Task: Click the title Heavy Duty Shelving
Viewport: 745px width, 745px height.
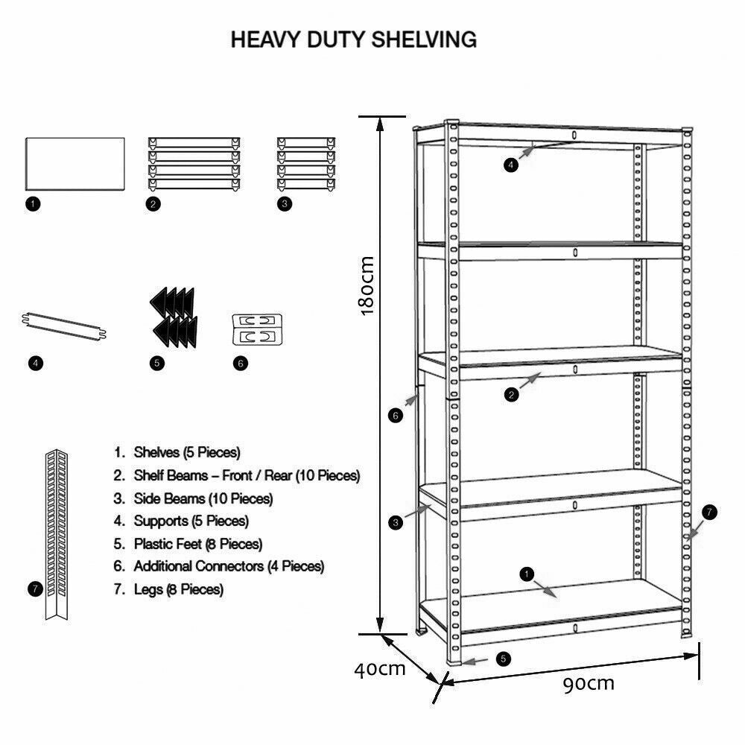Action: pyautogui.click(x=353, y=39)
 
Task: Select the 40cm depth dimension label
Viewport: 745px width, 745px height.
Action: pyautogui.click(x=379, y=668)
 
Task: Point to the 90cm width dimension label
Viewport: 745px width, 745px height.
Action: pyautogui.click(x=589, y=683)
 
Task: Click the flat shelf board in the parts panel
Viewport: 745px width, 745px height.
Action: pyautogui.click(x=74, y=163)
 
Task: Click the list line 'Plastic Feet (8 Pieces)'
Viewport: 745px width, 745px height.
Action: pyautogui.click(x=188, y=544)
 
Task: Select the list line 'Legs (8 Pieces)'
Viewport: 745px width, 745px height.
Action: pyautogui.click(x=168, y=589)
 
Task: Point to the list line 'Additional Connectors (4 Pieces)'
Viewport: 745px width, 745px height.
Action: pyautogui.click(x=219, y=566)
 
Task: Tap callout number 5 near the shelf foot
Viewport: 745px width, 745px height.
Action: pyautogui.click(x=504, y=659)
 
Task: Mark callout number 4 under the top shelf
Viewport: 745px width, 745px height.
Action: pyautogui.click(x=510, y=165)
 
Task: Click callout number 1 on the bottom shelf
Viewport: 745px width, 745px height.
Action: pyautogui.click(x=527, y=574)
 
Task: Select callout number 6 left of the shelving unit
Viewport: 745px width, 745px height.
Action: pyautogui.click(x=396, y=415)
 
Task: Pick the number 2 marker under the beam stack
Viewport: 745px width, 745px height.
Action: pyautogui.click(x=153, y=204)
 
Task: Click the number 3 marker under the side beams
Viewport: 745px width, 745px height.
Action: pyautogui.click(x=284, y=204)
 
